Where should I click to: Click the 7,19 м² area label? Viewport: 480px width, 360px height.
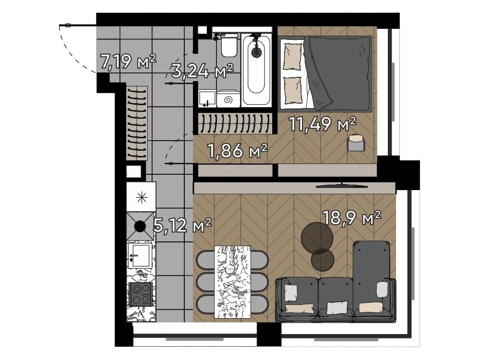[x=128, y=61]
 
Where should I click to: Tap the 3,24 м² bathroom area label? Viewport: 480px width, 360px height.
[x=203, y=71]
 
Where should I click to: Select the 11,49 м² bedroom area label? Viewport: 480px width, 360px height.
[x=323, y=124]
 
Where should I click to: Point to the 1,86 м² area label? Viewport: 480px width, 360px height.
[x=238, y=151]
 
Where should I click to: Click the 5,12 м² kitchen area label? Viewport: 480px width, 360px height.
[x=182, y=226]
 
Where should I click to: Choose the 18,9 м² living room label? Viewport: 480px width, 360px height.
[x=352, y=217]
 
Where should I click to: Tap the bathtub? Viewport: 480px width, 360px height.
[x=256, y=70]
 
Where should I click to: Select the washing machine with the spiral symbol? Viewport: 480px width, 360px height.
[x=228, y=98]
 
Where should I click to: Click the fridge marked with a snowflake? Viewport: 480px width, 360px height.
[x=142, y=197]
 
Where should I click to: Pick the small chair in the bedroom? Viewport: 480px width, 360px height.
[x=356, y=143]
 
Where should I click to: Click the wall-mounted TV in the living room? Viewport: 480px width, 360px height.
[x=342, y=185]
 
